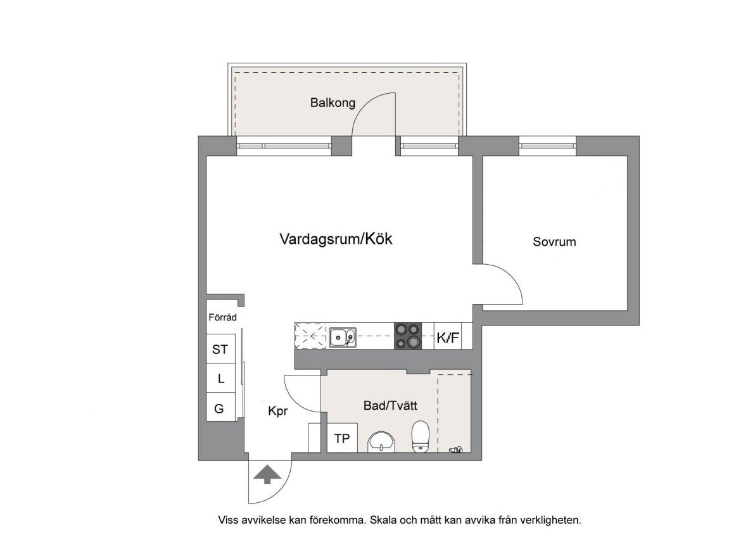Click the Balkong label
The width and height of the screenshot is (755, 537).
pyautogui.click(x=333, y=103)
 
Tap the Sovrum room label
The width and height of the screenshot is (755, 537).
pyautogui.click(x=554, y=242)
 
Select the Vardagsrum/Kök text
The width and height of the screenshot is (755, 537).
pyautogui.click(x=336, y=239)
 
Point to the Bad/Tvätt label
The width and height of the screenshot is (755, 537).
pyautogui.click(x=391, y=406)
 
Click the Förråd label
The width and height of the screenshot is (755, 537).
pyautogui.click(x=222, y=317)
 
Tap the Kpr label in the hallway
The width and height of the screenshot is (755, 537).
pyautogui.click(x=278, y=411)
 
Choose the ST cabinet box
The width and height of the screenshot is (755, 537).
pyautogui.click(x=221, y=349)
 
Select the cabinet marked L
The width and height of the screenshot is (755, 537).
pyautogui.click(x=221, y=379)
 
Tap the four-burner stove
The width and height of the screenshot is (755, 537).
pyautogui.click(x=408, y=336)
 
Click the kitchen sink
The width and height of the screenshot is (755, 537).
pyautogui.click(x=343, y=337)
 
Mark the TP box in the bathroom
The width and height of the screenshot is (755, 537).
pyautogui.click(x=343, y=438)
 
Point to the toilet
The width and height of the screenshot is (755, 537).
pyautogui.click(x=421, y=437)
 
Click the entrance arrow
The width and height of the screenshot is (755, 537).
pyautogui.click(x=268, y=474)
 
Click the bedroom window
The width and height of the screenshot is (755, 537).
pyautogui.click(x=547, y=146)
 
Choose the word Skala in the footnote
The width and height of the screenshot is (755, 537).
pyautogui.click(x=383, y=520)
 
